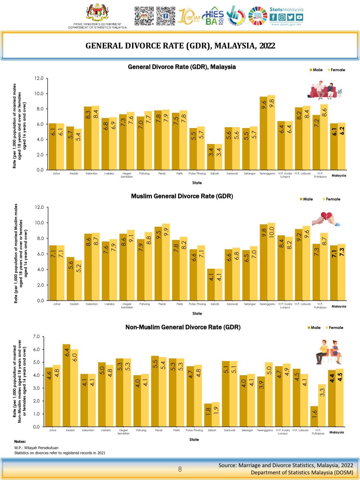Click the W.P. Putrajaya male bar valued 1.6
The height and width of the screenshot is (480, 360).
pyautogui.click(x=314, y=416)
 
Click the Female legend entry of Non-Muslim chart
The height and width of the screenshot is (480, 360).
pyautogui.click(x=333, y=328)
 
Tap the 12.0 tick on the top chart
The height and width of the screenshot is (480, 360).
pyautogui.click(x=39, y=78)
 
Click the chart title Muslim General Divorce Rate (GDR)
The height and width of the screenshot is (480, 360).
pyautogui.click(x=182, y=196)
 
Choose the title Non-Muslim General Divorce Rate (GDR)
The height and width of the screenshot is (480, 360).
pyautogui.click(x=183, y=327)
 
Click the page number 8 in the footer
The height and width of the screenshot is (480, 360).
pyautogui.click(x=180, y=469)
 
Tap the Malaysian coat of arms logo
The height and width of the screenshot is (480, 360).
pyautogui.click(x=97, y=14)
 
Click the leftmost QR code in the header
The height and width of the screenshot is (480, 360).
pyautogui.click(x=144, y=16)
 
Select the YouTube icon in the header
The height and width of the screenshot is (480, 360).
pyautogui.click(x=299, y=17)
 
